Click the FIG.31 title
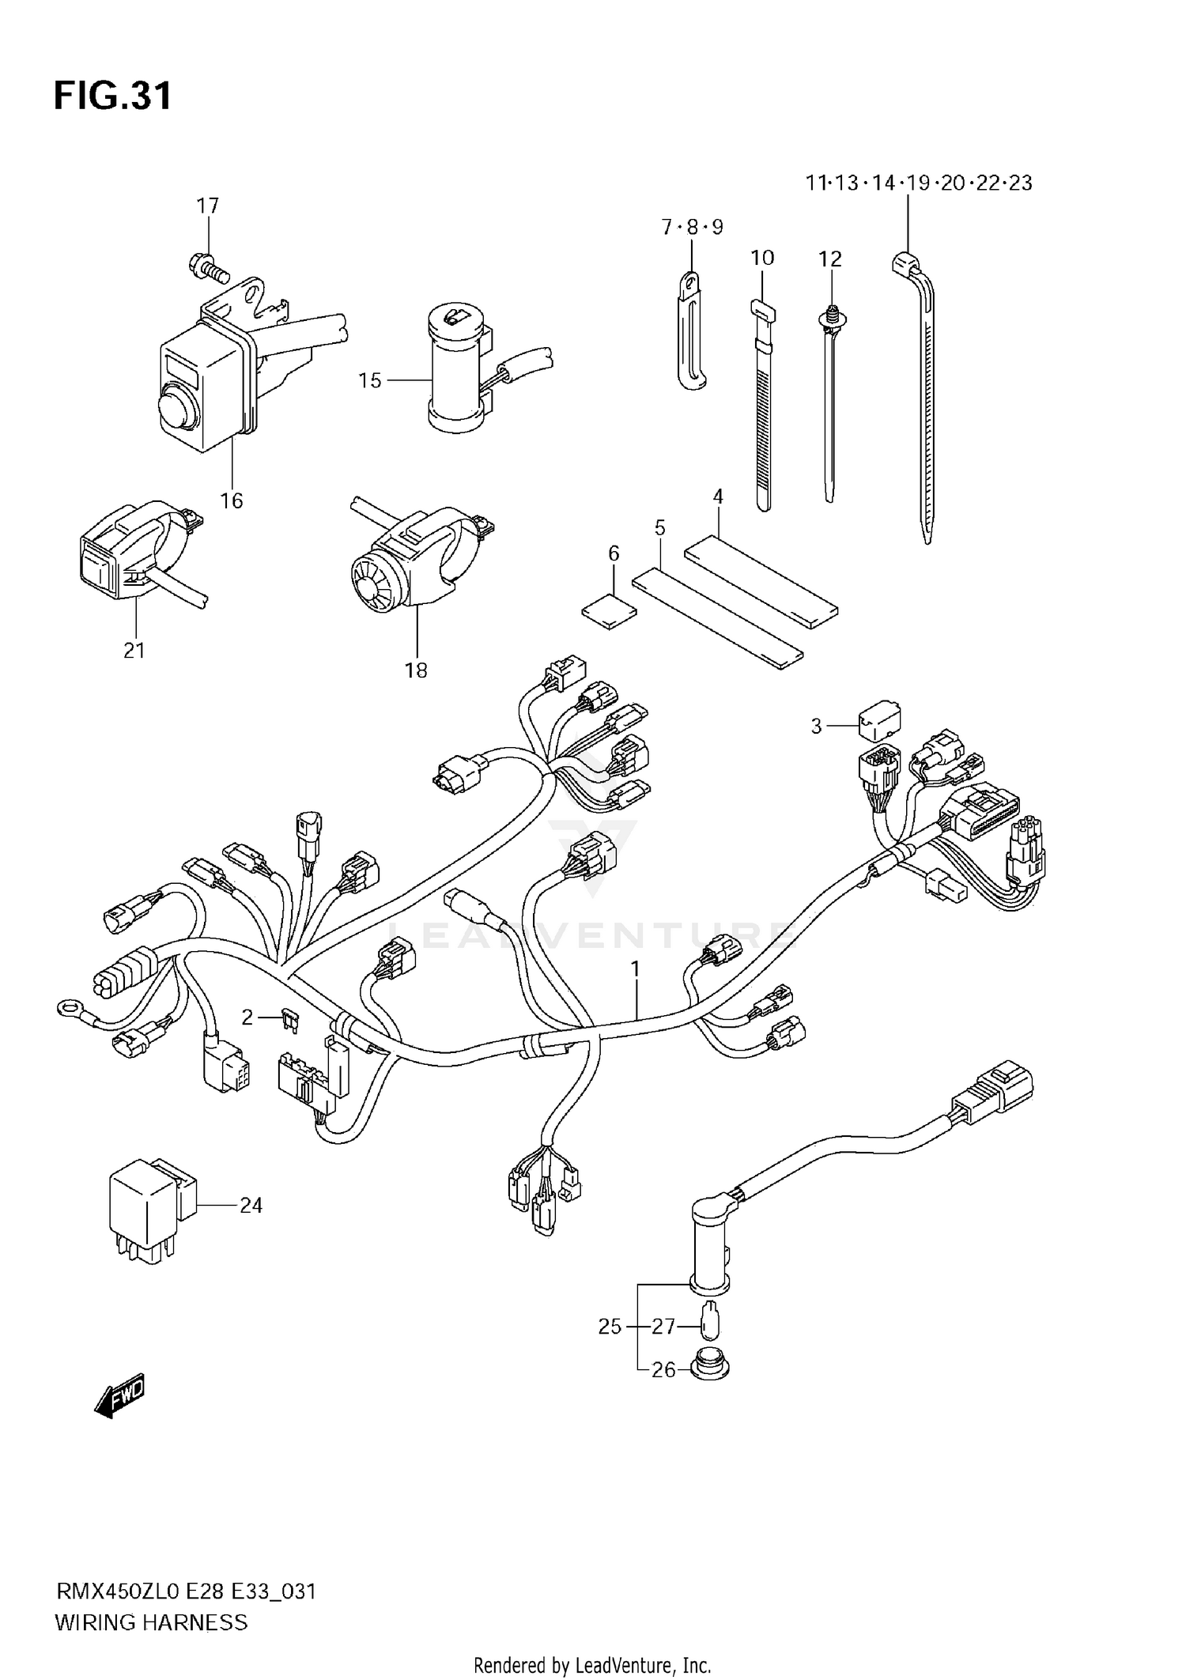coord(112,96)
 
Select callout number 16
coord(231,500)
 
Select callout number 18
coord(416,670)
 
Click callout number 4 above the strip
coord(718,497)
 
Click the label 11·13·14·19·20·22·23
coord(919,183)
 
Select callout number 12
coord(830,259)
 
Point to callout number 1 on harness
coord(634,968)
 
